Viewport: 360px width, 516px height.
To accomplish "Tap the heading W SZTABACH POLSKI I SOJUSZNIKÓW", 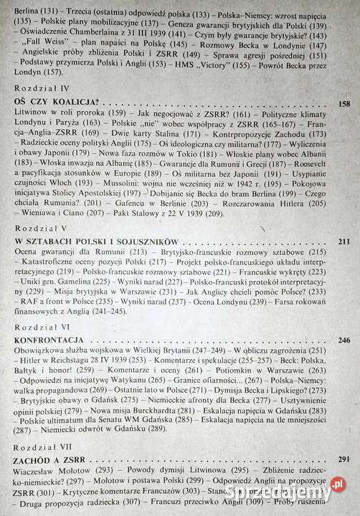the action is (91, 240).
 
